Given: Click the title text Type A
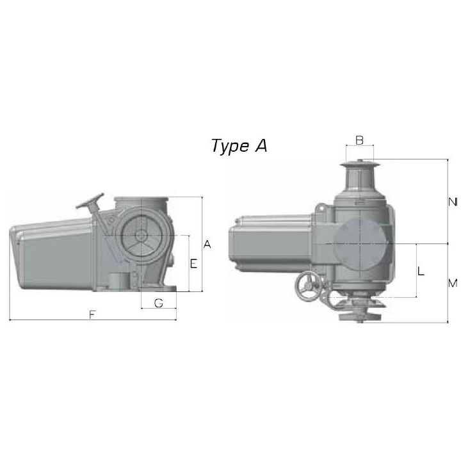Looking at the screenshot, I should pos(239,146).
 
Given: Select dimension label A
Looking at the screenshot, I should pos(207,244).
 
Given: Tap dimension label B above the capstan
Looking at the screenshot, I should pos(359,140).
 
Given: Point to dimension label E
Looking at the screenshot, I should pos(193,263).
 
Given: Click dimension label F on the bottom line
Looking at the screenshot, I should pos(93,314).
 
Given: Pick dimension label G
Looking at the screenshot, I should pos(158,303).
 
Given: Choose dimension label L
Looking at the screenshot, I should pos(420,271).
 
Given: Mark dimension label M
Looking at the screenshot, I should pos(452,282).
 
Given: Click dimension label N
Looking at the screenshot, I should pos(452,202).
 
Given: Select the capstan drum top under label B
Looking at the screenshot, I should pos(359,165).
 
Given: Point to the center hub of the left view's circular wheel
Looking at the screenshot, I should pos(141,236).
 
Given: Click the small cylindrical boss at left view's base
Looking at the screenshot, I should pos(118,282).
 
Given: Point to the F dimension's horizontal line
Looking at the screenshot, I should pos(51,320).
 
